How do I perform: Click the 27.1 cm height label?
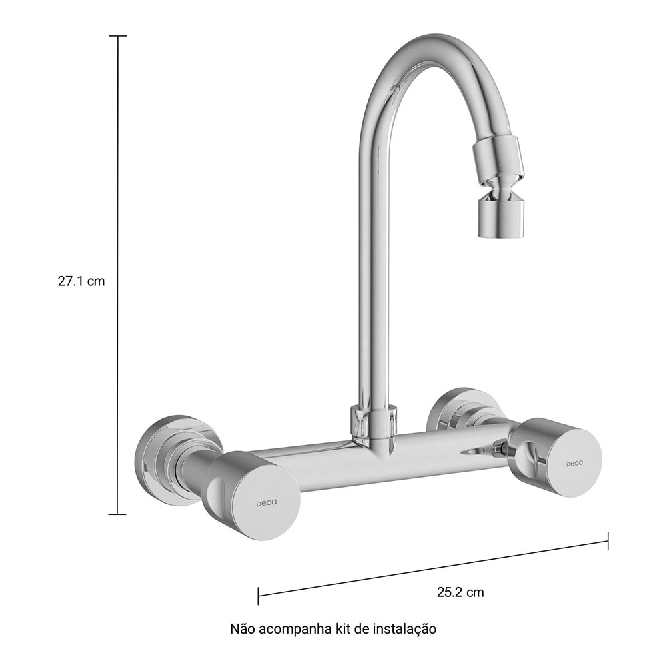tap(81, 281)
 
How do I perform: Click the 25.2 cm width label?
tap(460, 592)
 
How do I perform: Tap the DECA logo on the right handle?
tap(574, 463)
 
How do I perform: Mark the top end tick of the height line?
tap(117, 36)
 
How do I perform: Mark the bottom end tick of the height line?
tap(117, 514)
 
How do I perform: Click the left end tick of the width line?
tap(258, 596)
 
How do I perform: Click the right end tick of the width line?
tap(608, 540)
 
